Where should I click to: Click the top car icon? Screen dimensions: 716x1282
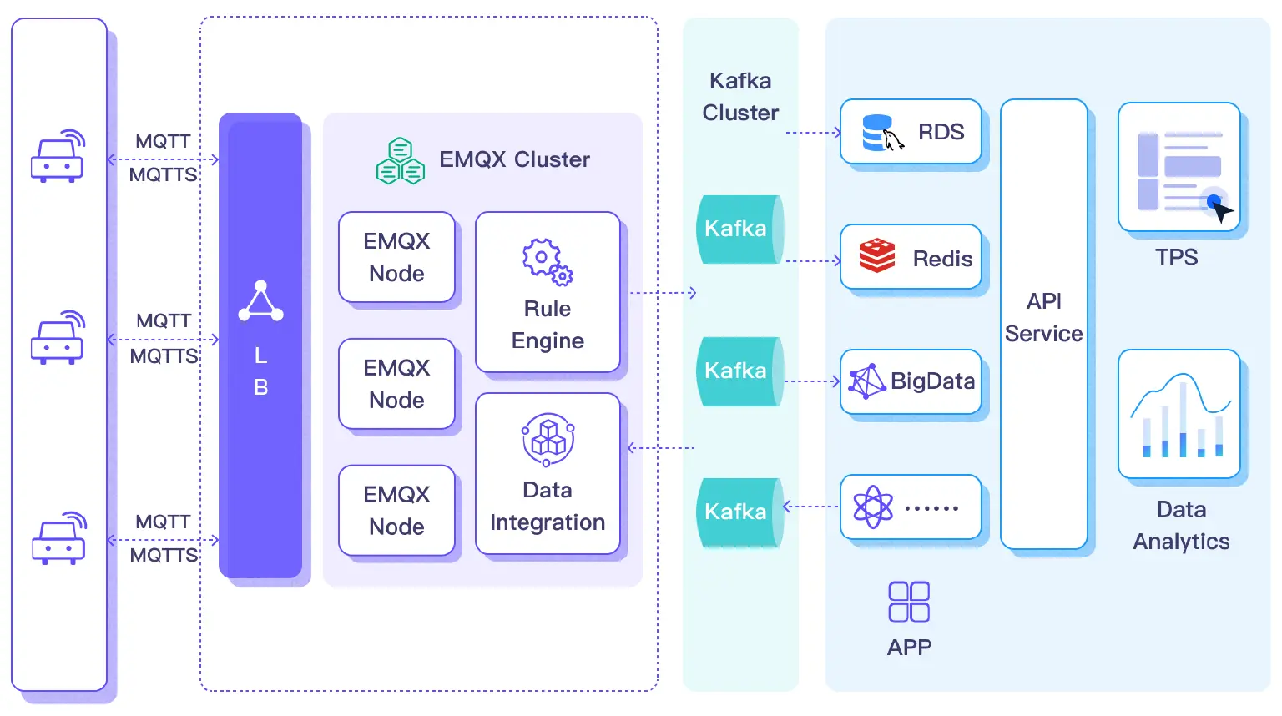58,157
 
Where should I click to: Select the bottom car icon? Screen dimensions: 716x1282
58,539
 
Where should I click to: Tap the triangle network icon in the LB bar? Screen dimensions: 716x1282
260,301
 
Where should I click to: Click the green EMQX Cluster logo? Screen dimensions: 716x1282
401,161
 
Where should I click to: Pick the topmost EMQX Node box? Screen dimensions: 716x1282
396,257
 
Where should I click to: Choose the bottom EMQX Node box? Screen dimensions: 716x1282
396,510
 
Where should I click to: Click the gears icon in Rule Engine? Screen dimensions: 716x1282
548,261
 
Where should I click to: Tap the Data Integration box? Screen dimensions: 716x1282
548,473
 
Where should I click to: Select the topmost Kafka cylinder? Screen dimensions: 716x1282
739,229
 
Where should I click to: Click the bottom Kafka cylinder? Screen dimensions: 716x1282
739,512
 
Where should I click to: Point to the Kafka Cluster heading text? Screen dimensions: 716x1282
740,97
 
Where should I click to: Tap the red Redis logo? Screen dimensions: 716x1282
877,256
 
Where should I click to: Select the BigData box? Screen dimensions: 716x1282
911,381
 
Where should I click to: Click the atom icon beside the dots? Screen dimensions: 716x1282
873,507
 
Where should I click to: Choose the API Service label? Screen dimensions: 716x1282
1043,318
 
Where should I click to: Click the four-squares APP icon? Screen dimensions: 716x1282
909,602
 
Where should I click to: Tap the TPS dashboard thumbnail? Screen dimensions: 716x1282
1179,167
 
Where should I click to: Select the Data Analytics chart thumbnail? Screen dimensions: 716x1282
1179,414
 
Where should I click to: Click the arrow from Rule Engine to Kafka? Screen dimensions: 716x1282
663,293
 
